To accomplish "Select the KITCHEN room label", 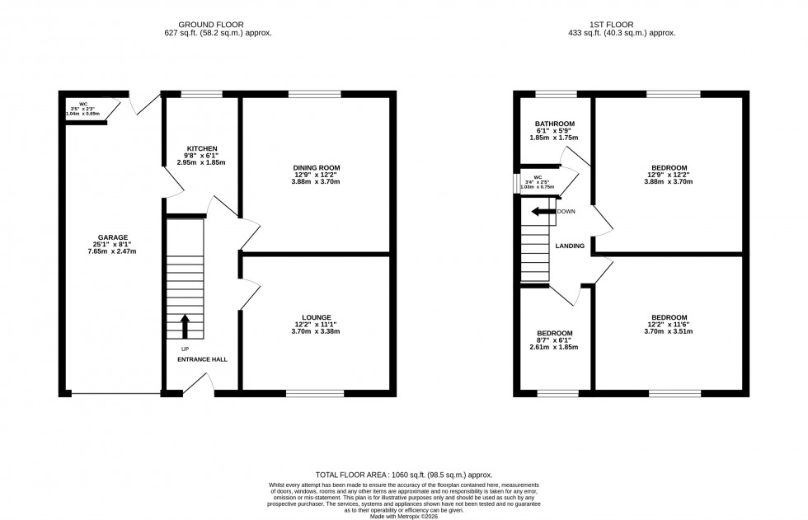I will coord(201,149).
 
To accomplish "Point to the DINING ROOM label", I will coord(317,167).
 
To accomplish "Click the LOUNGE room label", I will coord(316,317).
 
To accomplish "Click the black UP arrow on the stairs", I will coord(185,326).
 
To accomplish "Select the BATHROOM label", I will coord(554,124).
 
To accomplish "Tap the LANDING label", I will coord(570,246).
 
